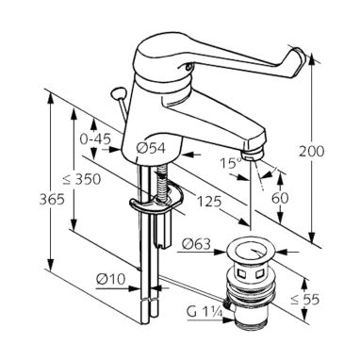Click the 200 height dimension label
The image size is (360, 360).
tap(311, 152)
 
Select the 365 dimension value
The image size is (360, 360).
tap(52, 199)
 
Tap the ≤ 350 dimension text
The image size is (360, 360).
tap(82, 179)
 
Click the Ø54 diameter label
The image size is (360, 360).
tap(151, 148)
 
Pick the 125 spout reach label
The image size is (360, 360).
tap(209, 202)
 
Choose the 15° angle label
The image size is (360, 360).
tap(230, 163)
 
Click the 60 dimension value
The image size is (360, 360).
tap(280, 198)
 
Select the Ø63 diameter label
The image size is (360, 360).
tap(196, 244)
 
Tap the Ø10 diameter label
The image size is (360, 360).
tap(111, 279)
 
